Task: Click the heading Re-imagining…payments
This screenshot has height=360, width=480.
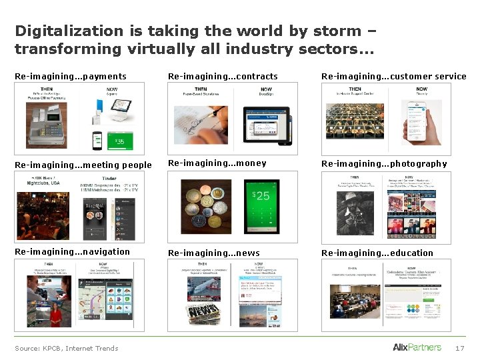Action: (x=70, y=77)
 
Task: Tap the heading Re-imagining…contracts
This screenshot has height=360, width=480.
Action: (x=223, y=77)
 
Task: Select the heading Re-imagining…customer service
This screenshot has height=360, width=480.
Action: (x=393, y=77)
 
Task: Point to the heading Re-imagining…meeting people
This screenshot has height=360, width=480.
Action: (x=83, y=165)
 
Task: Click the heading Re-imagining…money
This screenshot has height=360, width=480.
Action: (x=217, y=163)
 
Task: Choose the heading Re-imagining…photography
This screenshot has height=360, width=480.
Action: (x=384, y=164)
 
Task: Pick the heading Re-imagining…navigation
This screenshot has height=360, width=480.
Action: (x=72, y=252)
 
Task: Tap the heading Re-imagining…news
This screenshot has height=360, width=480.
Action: (x=213, y=253)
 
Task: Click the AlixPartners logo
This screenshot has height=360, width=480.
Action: (x=417, y=347)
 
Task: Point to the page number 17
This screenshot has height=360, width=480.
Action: (x=459, y=348)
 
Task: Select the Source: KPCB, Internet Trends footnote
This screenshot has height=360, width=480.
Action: (x=66, y=348)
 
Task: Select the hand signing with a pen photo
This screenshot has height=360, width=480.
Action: (x=201, y=123)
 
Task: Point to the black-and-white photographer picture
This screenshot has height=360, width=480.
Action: (x=355, y=211)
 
